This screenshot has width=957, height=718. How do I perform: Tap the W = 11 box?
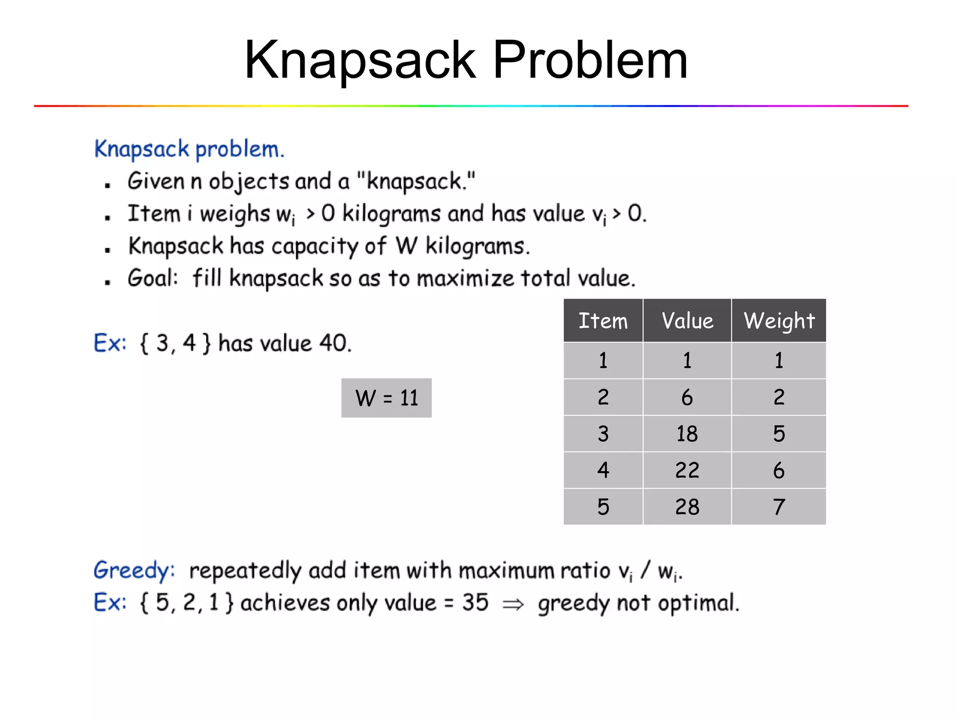click(386, 398)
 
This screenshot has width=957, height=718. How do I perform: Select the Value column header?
click(687, 321)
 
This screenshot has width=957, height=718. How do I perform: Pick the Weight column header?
click(779, 321)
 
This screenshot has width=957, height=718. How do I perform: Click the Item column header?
click(603, 321)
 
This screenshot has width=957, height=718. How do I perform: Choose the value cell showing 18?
click(687, 434)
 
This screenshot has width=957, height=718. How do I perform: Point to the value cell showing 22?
click(687, 470)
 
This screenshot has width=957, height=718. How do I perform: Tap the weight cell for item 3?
click(778, 434)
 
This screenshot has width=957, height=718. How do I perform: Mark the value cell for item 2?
click(687, 397)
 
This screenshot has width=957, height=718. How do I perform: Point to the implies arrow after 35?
click(513, 604)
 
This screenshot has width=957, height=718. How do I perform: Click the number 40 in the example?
click(333, 344)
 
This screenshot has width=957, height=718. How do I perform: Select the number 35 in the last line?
click(475, 603)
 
